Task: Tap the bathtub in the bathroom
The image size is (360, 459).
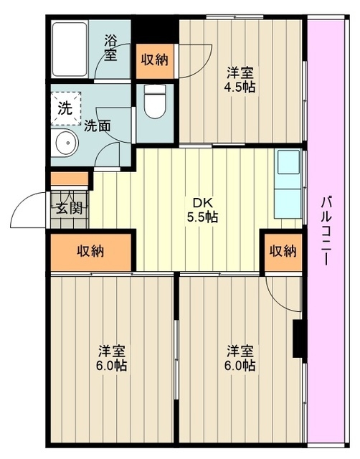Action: (70, 48)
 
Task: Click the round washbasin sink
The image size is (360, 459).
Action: (65, 144)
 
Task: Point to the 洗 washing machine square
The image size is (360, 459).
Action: (65, 110)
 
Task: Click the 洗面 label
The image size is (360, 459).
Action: (97, 126)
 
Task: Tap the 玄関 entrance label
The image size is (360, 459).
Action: (69, 209)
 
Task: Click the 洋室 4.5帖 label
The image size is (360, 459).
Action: (240, 79)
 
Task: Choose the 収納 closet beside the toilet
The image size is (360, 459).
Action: (155, 60)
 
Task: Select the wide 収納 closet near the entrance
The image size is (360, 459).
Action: (91, 251)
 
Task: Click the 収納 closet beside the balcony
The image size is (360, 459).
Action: (282, 251)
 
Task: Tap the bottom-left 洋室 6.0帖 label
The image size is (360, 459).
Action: (113, 358)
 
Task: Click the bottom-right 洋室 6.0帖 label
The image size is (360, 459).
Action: (240, 358)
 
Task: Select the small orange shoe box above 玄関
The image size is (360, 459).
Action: (68, 180)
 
